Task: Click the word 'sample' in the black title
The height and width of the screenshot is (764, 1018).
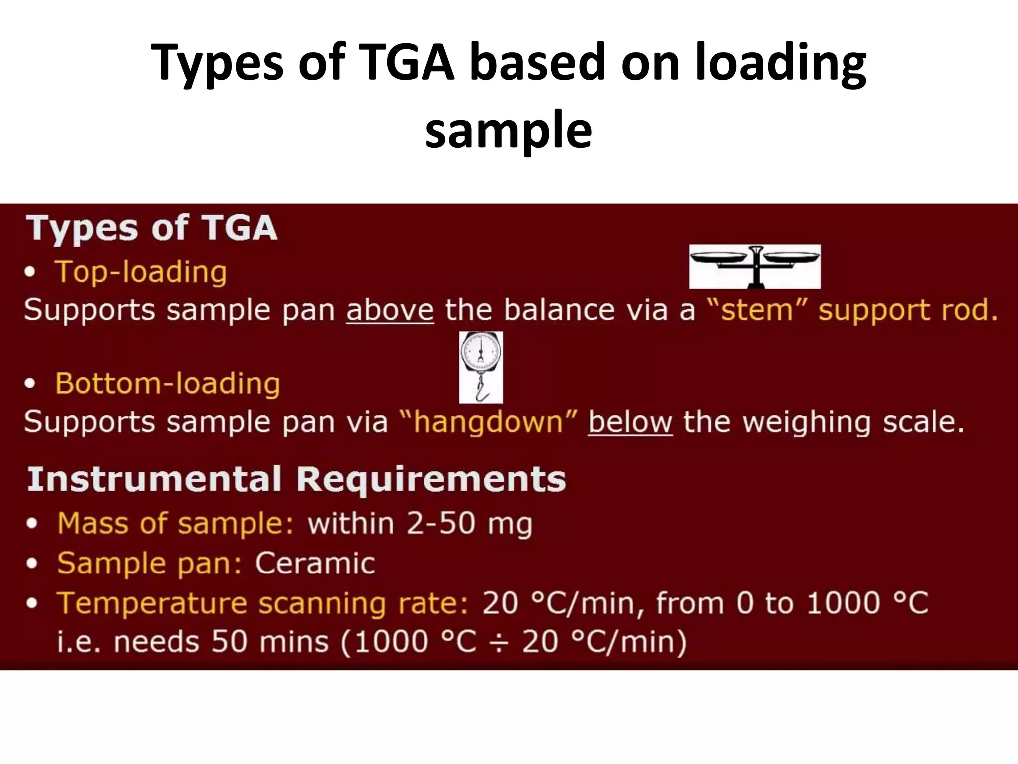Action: coord(509,130)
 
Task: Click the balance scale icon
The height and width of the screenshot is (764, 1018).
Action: coord(755,266)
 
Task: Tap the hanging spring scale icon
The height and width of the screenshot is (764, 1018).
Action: coord(481,367)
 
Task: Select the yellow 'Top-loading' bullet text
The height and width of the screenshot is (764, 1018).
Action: coord(141,272)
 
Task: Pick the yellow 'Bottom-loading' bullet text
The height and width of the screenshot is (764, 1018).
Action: coord(168,384)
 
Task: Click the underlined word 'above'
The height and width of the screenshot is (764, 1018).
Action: coord(390,310)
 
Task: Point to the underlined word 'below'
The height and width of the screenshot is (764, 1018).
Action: coord(630,422)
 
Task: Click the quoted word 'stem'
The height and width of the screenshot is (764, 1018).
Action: coord(757,310)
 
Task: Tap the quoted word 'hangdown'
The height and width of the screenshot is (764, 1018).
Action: coord(488,422)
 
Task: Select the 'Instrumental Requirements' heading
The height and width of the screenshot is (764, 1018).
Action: coord(296,479)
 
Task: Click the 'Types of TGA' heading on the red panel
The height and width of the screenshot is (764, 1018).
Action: coord(152,228)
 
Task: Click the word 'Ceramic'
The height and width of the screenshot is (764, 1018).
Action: coord(315,564)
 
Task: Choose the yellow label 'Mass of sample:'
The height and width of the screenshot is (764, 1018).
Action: coord(175,524)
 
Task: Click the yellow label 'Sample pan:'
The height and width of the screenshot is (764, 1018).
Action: coord(149,564)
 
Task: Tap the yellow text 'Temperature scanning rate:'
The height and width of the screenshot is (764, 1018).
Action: coord(262,603)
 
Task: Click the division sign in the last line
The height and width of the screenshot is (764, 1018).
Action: coord(499,642)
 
